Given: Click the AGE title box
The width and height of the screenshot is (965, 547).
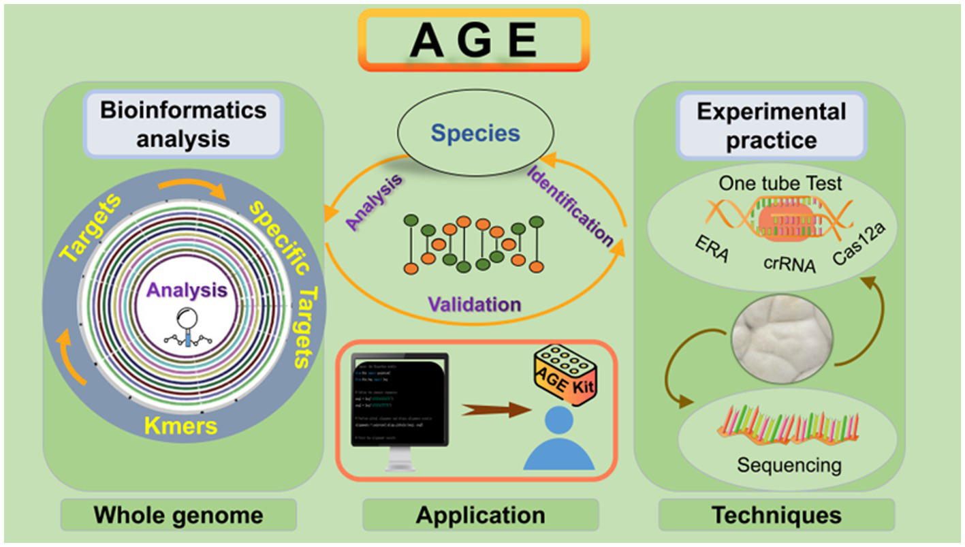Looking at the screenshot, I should coord(473,40).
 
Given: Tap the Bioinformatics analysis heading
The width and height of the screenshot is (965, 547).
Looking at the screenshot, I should coord(183,125).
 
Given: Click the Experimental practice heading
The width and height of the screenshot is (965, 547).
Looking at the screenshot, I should coord(771,125).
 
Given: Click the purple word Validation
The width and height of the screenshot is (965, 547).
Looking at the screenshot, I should coord(475,304).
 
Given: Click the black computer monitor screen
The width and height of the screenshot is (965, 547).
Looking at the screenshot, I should coord(398,401).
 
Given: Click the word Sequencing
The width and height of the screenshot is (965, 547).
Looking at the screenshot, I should coord(789,465).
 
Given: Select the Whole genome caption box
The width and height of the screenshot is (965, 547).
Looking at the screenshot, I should coord(178,515).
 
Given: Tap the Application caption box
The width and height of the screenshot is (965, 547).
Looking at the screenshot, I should coord(481,515).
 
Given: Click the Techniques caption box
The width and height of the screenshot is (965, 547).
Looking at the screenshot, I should coord(776,515).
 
